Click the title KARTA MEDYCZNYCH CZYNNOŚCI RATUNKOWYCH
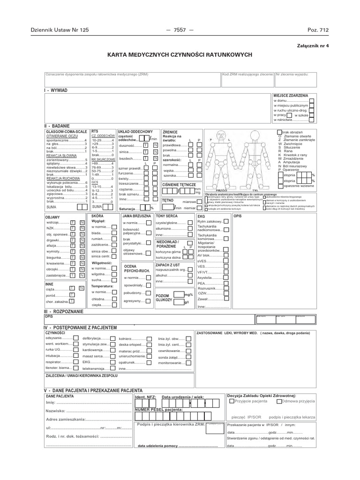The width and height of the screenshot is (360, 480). click(180, 55)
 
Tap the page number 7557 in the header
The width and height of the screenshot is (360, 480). click(180, 30)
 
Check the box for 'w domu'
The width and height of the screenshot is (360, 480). click(312, 101)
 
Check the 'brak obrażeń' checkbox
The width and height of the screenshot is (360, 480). click(280, 133)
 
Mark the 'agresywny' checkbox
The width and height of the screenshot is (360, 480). click(148, 301)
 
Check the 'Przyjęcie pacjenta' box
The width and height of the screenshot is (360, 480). click(232, 401)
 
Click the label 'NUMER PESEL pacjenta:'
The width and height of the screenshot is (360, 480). click(158, 409)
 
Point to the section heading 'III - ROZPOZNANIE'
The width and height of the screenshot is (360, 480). click(63, 311)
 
